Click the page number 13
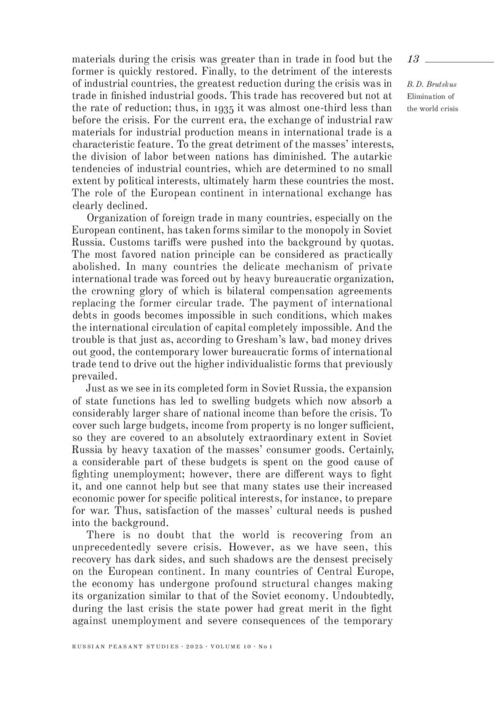[x=413, y=59]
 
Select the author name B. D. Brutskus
[x=431, y=85]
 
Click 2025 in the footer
[x=196, y=647]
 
